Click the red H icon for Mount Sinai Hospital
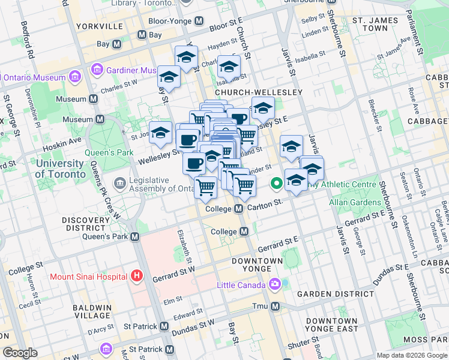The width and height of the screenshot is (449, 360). pos(137,276)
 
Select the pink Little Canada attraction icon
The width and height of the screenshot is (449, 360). pos(275,284)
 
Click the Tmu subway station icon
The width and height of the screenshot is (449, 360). pos(276,307)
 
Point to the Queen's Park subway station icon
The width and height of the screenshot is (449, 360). pos(135,237)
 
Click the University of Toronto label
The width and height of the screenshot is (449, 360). pos(60,169)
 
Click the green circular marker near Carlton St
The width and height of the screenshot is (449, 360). pos(277,184)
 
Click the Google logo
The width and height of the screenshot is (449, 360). pos(20,353)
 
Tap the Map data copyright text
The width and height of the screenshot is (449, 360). pos(411,355)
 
